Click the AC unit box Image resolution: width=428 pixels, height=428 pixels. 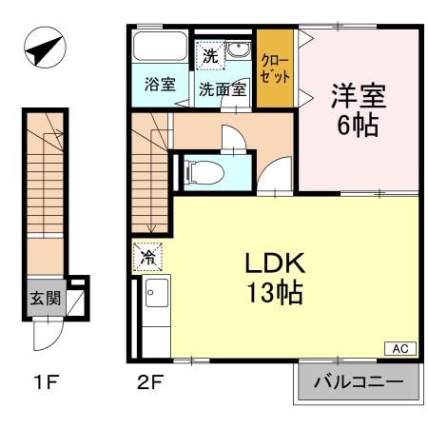click(x=401, y=349)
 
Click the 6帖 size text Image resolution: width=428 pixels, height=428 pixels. click(x=357, y=125)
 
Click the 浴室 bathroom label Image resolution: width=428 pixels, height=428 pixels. click(x=159, y=84)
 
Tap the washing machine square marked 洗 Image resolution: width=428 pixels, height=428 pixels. click(x=209, y=54)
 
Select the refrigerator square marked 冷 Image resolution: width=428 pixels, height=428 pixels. click(x=148, y=257)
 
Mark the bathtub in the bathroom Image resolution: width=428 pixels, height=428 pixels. click(x=160, y=49)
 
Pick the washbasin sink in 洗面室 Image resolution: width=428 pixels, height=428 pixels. click(x=238, y=52)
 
